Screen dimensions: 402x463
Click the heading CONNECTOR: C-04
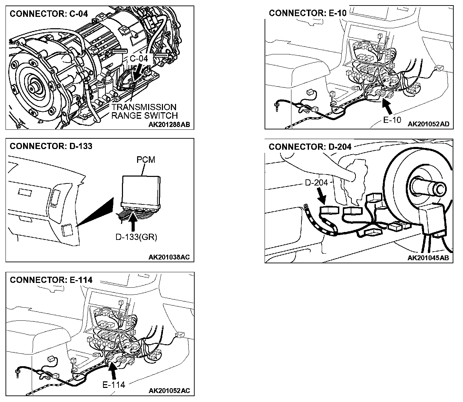pyautogui.click(x=49, y=14)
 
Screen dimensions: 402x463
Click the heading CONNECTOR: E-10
pyautogui.click(x=308, y=13)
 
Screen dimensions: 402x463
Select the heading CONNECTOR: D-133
pyautogui.click(x=51, y=146)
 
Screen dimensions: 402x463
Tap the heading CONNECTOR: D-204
pyautogui.click(x=310, y=147)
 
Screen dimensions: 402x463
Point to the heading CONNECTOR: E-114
pyautogui.click(x=51, y=280)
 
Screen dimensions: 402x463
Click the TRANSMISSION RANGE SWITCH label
pyautogui.click(x=144, y=111)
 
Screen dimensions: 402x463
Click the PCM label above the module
pyautogui.click(x=146, y=160)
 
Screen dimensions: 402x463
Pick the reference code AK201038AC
pyautogui.click(x=169, y=257)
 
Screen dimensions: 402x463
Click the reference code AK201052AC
pyautogui.click(x=169, y=391)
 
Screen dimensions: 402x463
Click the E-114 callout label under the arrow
pyautogui.click(x=114, y=384)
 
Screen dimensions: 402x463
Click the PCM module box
pyautogui.click(x=142, y=189)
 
